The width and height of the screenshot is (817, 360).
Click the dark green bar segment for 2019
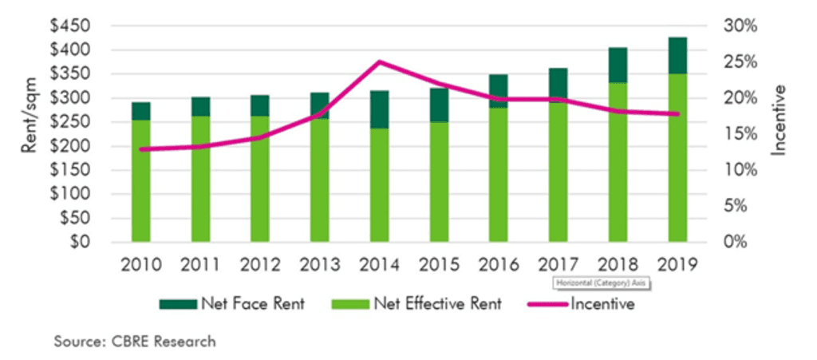coord(677,55)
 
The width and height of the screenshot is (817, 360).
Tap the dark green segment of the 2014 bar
coord(380,109)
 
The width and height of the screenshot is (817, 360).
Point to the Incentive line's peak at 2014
coord(380,61)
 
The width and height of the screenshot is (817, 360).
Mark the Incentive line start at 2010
coord(141,149)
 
